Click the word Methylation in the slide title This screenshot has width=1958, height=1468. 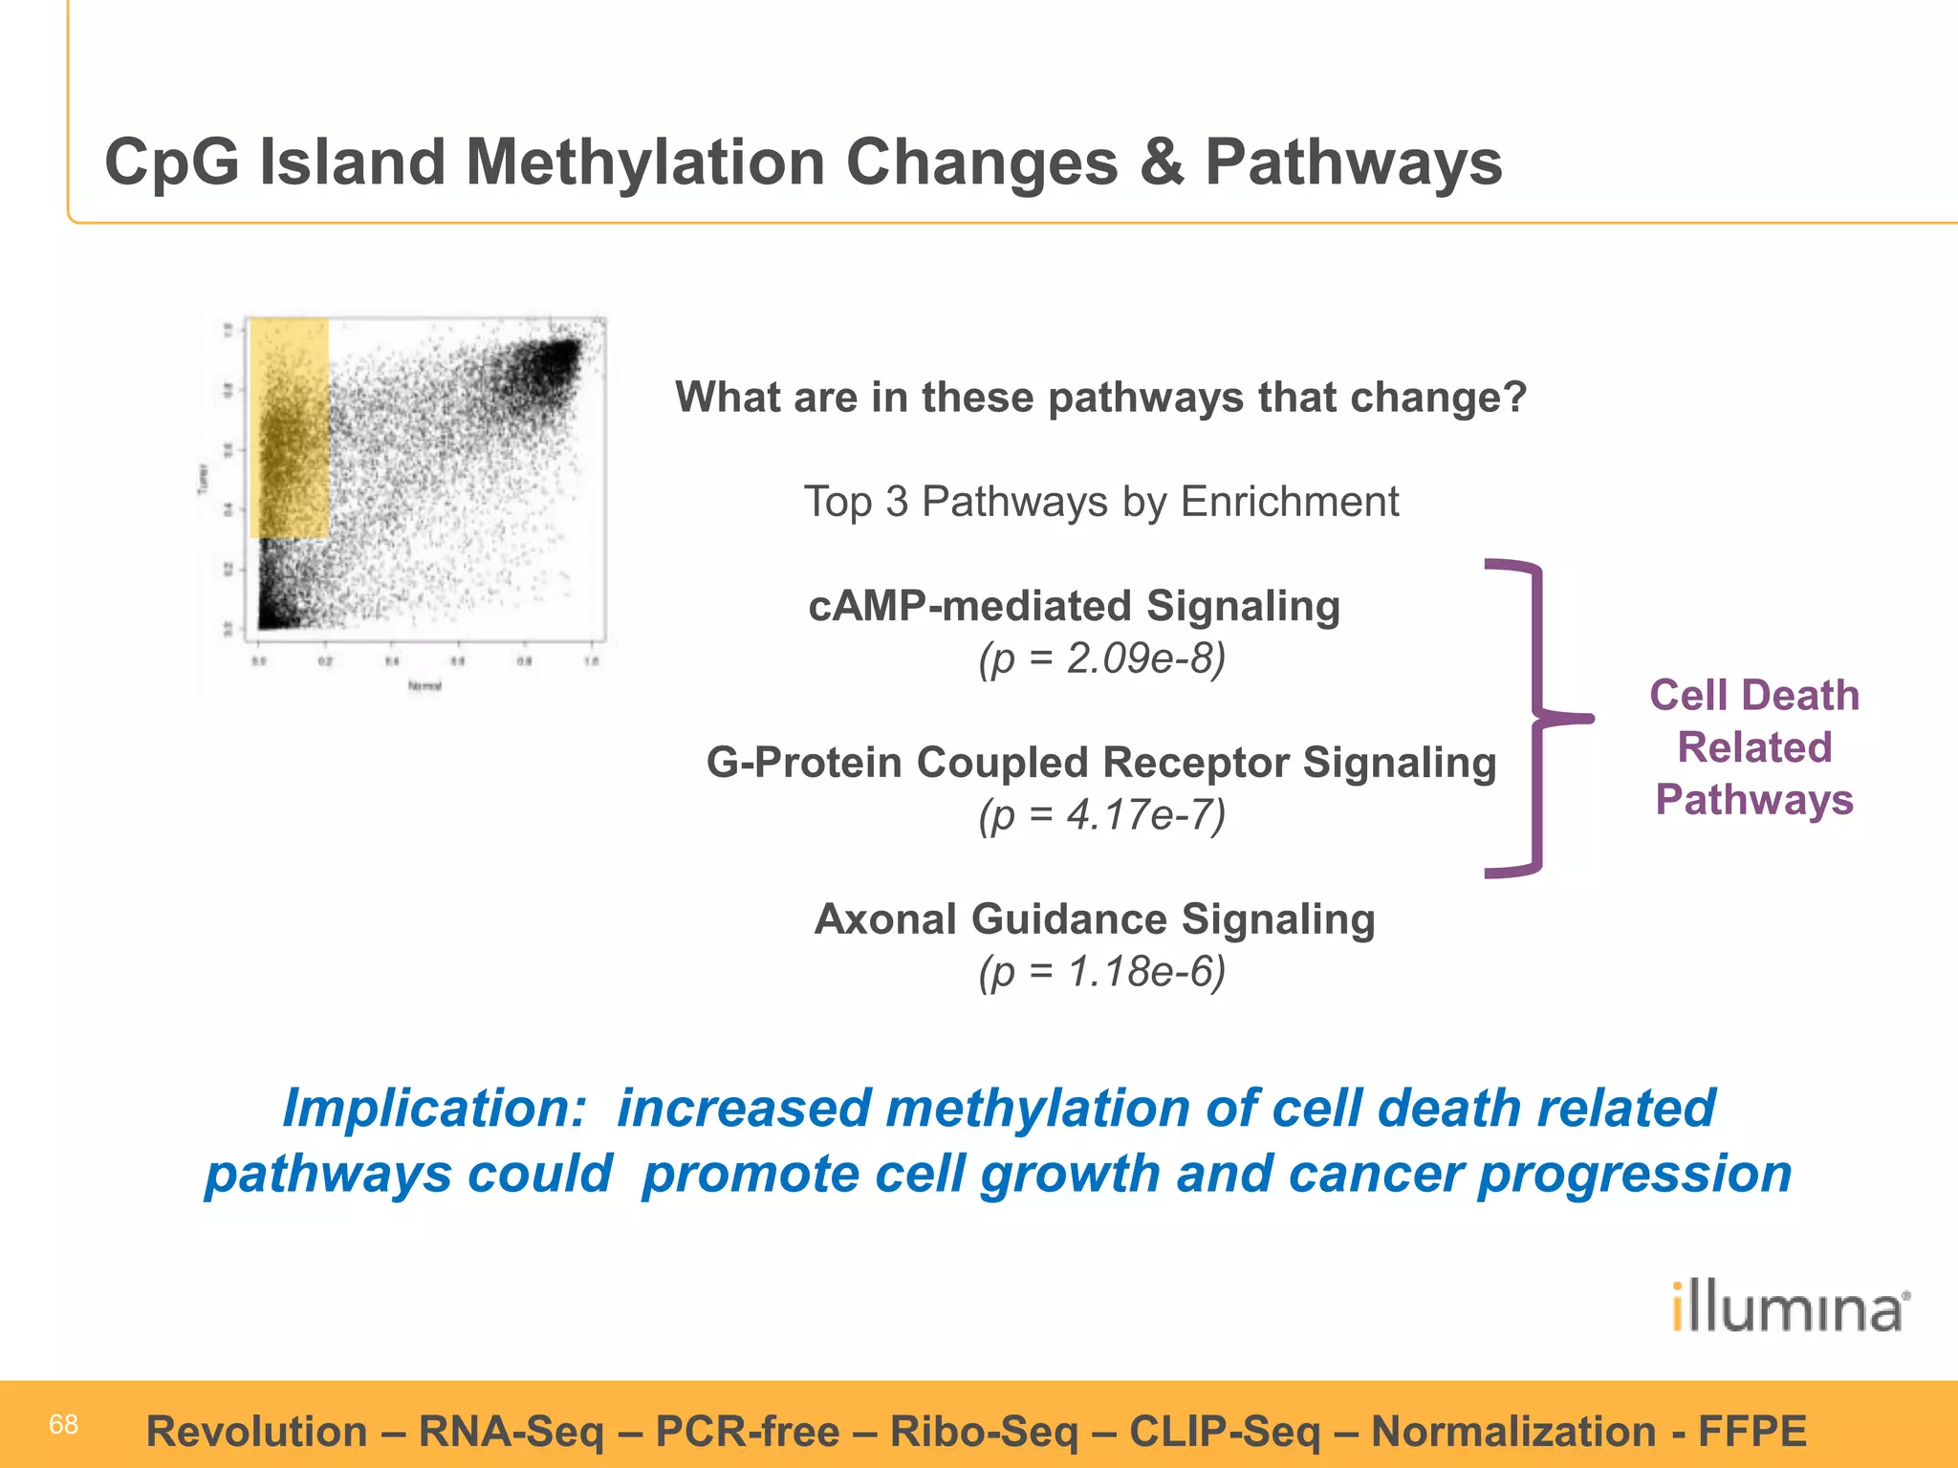(645, 162)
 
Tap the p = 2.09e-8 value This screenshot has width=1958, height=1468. (1101, 658)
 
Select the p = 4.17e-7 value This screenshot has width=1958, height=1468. (1101, 815)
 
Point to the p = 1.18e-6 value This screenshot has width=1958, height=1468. (1101, 972)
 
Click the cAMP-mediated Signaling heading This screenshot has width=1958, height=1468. (1074, 606)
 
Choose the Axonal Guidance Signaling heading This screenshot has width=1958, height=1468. (1095, 919)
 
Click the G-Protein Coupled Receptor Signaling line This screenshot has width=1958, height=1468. (1101, 763)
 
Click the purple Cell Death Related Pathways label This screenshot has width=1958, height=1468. (1754, 747)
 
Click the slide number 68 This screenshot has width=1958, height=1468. (63, 1425)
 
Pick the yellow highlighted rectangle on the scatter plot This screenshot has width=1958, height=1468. (289, 428)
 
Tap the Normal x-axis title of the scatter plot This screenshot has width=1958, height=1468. (424, 685)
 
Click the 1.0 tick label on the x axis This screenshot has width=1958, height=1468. (592, 661)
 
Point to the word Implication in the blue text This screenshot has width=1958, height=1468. (433, 1109)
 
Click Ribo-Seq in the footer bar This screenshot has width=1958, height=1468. (984, 1432)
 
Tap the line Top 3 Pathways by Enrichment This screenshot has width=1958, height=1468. (1101, 502)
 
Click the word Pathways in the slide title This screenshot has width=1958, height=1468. (1353, 162)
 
